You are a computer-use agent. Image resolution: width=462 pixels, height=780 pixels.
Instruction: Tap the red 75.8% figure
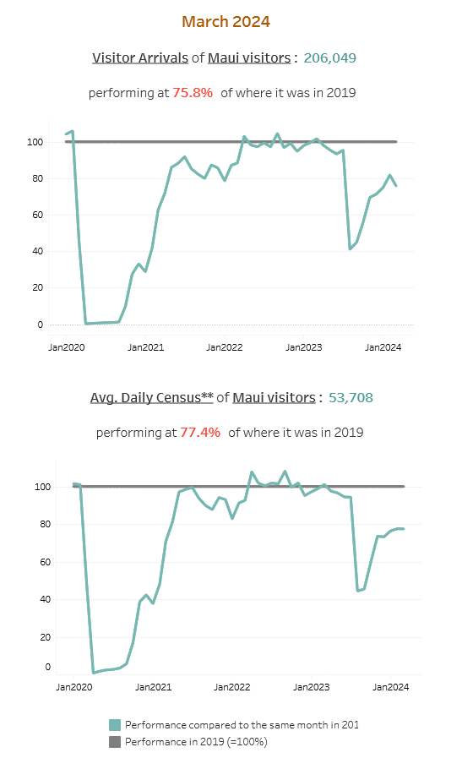point(193,93)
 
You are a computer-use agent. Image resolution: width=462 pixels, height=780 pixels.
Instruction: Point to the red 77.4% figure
point(200,432)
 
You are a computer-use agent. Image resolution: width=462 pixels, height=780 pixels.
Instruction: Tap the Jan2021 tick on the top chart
point(146,346)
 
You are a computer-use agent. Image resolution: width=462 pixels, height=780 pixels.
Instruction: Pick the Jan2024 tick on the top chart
point(382,346)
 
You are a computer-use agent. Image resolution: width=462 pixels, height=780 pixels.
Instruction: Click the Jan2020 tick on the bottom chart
point(74,688)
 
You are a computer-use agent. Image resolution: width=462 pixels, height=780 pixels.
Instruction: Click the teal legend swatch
point(115,725)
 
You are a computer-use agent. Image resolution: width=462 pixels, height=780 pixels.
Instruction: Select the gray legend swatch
point(115,741)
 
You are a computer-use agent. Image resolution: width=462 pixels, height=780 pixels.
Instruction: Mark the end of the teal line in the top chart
point(396,186)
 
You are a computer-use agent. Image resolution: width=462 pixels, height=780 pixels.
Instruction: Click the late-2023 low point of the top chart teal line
point(350,248)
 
